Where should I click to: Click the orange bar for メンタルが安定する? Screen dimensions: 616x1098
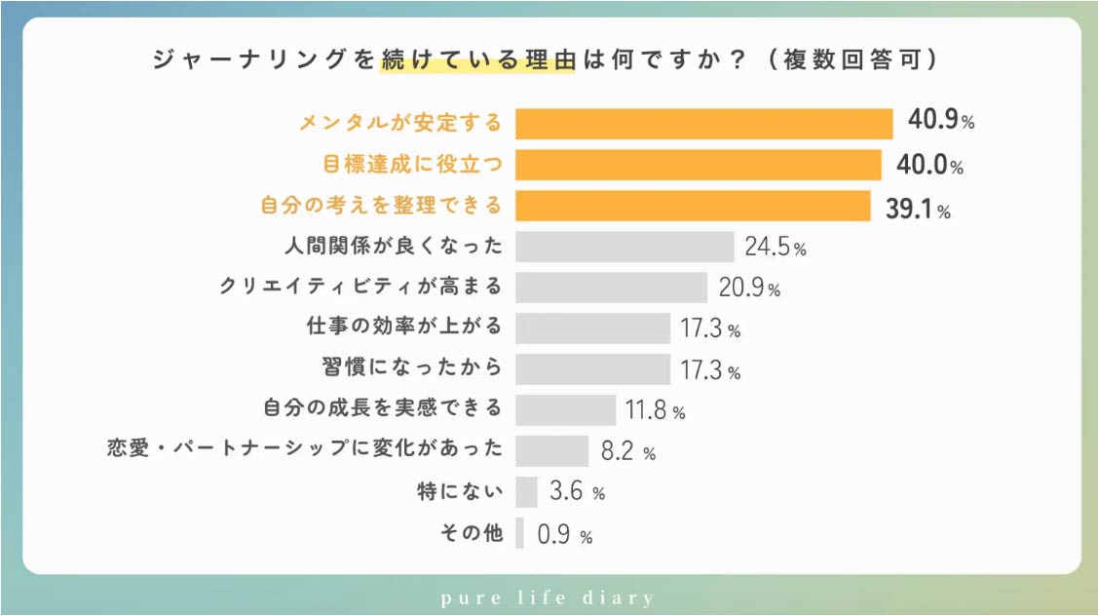(x=703, y=124)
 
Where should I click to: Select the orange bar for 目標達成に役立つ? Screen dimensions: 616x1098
(x=698, y=165)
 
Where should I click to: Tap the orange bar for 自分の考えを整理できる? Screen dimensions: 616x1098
(x=692, y=206)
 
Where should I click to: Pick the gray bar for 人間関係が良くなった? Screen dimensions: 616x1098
(x=624, y=247)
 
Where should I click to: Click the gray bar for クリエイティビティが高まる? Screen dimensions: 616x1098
(x=610, y=288)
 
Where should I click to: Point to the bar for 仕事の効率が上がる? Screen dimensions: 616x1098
(x=592, y=328)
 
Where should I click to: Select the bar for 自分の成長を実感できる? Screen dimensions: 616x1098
(x=565, y=410)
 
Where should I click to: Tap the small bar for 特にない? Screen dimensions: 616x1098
(x=526, y=492)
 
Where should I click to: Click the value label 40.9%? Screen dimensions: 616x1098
(x=941, y=122)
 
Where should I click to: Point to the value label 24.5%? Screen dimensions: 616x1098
(x=776, y=247)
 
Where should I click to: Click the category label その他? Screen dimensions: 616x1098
(x=472, y=533)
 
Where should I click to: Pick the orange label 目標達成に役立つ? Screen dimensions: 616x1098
(x=411, y=164)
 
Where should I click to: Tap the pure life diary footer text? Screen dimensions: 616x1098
(x=549, y=597)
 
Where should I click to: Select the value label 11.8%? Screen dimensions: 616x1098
(x=656, y=410)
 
